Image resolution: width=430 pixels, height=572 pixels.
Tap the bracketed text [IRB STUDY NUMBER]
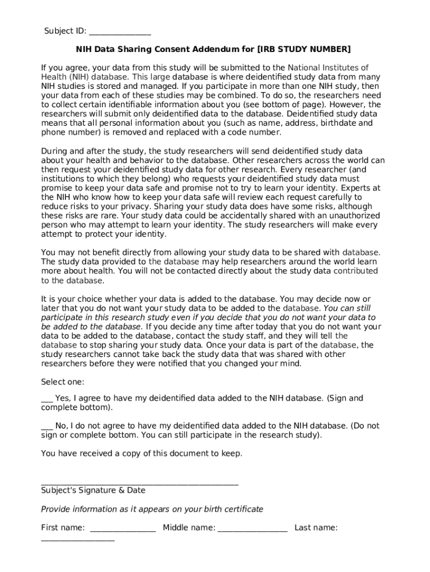point(304,49)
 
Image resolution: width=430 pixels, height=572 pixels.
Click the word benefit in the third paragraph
point(101,252)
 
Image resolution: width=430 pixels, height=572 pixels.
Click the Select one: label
point(63,382)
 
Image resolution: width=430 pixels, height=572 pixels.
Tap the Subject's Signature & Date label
point(93,490)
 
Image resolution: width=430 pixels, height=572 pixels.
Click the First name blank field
point(122,528)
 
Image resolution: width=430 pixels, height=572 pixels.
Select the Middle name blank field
point(252,528)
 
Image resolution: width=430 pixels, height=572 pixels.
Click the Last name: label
point(316,527)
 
